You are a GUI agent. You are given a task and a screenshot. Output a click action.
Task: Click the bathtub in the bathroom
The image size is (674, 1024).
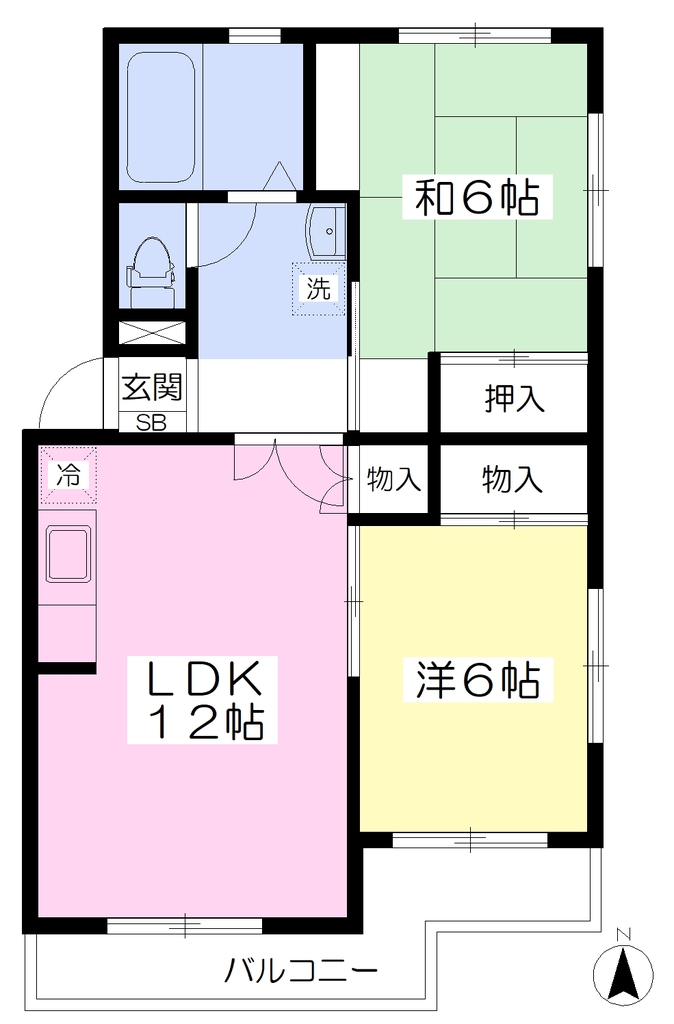pyautogui.click(x=161, y=118)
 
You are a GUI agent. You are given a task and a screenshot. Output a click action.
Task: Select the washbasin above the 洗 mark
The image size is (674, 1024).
pyautogui.click(x=325, y=231)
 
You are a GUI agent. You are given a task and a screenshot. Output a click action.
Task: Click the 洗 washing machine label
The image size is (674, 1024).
pyautogui.click(x=318, y=288)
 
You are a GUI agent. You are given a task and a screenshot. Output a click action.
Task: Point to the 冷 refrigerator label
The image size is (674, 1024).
pyautogui.click(x=67, y=475)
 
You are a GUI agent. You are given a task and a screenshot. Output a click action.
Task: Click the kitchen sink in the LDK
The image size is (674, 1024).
pyautogui.click(x=67, y=554)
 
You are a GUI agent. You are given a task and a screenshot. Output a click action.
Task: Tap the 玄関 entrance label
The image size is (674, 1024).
pyautogui.click(x=152, y=388)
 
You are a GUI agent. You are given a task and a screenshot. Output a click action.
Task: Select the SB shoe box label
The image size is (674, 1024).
pyautogui.click(x=152, y=423)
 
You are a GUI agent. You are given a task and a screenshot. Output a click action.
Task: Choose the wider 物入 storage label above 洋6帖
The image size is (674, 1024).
pyautogui.click(x=513, y=479)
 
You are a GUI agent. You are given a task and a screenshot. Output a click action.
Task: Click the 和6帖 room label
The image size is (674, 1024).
pyautogui.click(x=477, y=197)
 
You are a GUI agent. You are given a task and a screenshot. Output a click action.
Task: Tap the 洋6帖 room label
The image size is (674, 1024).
pyautogui.click(x=477, y=680)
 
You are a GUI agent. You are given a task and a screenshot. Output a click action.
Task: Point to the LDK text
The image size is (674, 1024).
pyautogui.click(x=203, y=678)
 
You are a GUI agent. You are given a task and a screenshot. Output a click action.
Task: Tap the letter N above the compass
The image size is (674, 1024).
pyautogui.click(x=623, y=935)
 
